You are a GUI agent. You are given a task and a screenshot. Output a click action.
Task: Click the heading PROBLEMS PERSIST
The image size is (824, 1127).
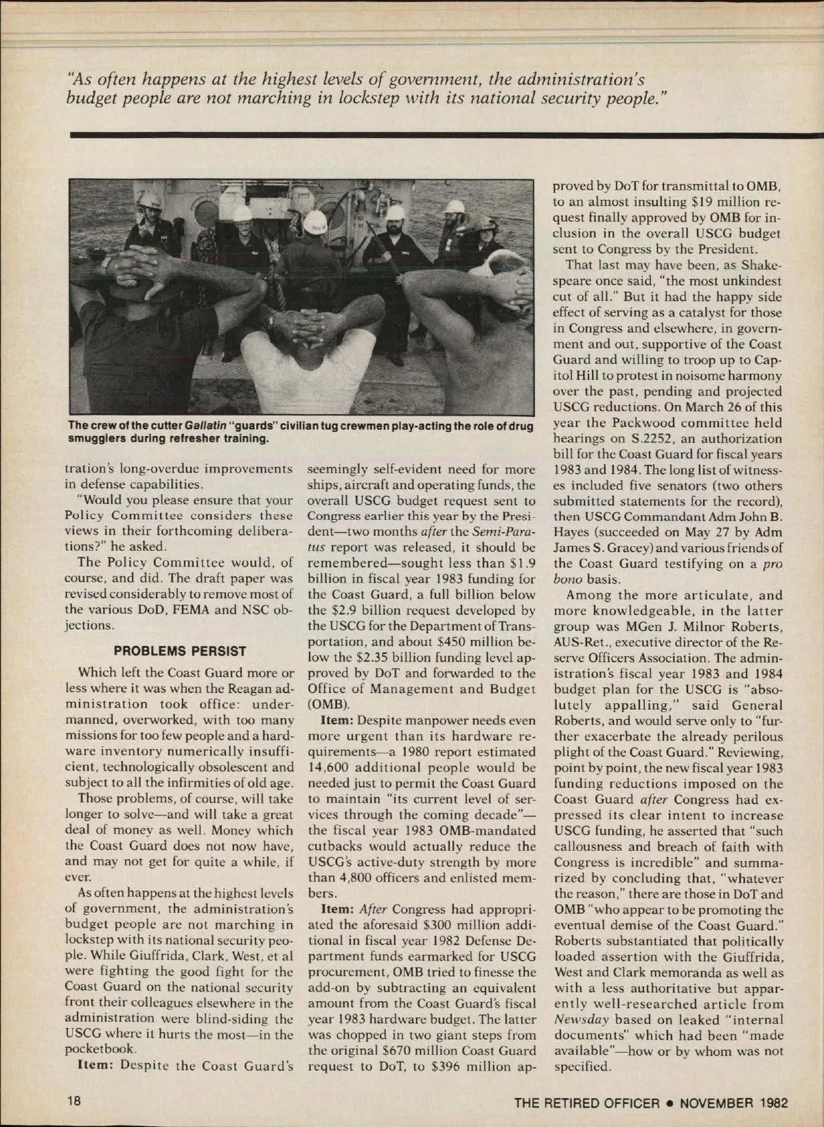point(180,650)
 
